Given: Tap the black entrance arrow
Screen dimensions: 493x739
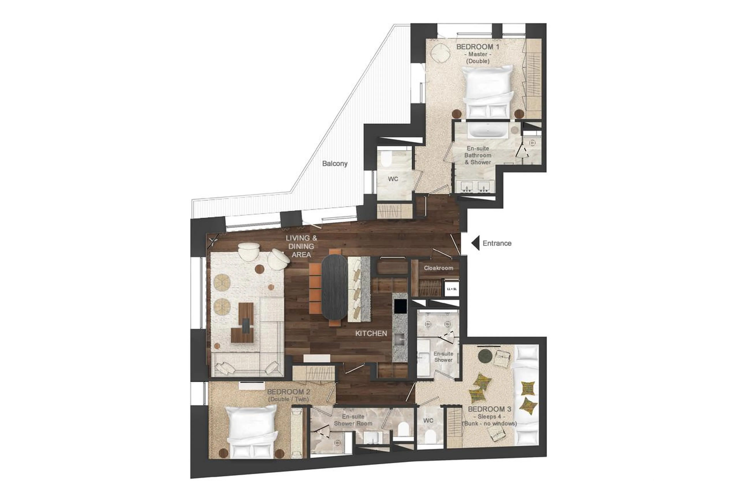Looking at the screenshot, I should tap(476, 243).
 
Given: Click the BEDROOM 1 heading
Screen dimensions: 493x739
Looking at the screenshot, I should tap(477, 47).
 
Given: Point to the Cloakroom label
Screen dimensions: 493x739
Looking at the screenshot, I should tap(438, 268).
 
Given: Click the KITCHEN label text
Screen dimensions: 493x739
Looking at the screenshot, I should tap(371, 333).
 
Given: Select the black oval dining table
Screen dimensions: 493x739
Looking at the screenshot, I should tap(334, 287).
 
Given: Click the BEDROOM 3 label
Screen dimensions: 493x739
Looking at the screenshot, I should tap(489, 409).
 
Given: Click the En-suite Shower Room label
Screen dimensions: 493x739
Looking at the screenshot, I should tap(353, 420).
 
